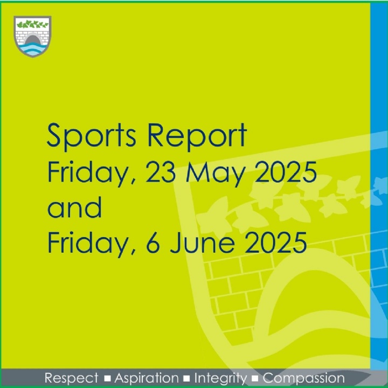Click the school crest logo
(x=32, y=37)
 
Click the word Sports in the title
(x=91, y=136)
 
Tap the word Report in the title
(x=197, y=136)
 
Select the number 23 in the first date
(x=161, y=172)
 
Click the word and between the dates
(x=74, y=207)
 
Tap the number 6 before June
(x=153, y=242)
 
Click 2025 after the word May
(x=286, y=172)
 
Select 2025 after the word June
(x=276, y=242)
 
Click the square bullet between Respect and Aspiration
(x=107, y=379)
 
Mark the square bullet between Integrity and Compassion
(x=255, y=379)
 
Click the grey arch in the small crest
(x=32, y=39)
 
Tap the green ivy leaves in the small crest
(x=32, y=24)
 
